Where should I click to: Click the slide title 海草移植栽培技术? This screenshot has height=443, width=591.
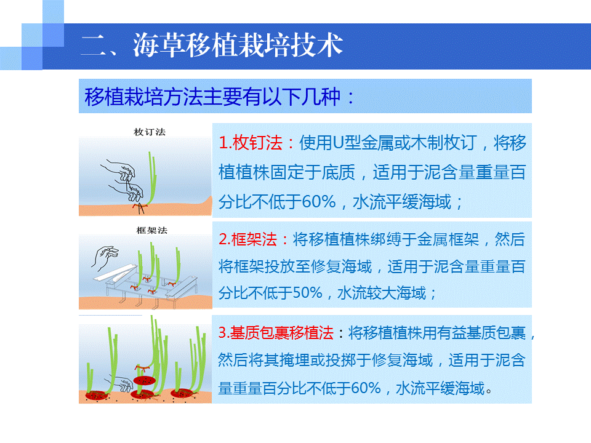(238, 45)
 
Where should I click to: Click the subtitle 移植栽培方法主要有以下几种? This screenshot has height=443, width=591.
(212, 97)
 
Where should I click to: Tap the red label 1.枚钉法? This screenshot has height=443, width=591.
(251, 143)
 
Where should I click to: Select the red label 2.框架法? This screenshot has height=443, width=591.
(247, 239)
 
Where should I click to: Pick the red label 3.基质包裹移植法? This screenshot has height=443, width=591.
(276, 333)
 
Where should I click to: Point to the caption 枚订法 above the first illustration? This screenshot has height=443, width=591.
(150, 132)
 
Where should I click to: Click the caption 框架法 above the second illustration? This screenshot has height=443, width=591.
(152, 230)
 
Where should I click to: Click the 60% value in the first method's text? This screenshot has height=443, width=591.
(318, 202)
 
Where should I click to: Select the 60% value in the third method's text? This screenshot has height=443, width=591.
(365, 388)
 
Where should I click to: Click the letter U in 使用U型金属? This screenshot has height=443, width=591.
(337, 143)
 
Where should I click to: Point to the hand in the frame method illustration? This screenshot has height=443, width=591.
(105, 258)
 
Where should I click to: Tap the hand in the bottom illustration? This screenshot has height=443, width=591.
(121, 383)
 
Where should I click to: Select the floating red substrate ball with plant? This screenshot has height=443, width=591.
(144, 377)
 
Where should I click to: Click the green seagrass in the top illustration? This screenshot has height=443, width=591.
(152, 178)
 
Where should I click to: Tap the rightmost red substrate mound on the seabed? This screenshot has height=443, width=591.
(183, 393)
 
